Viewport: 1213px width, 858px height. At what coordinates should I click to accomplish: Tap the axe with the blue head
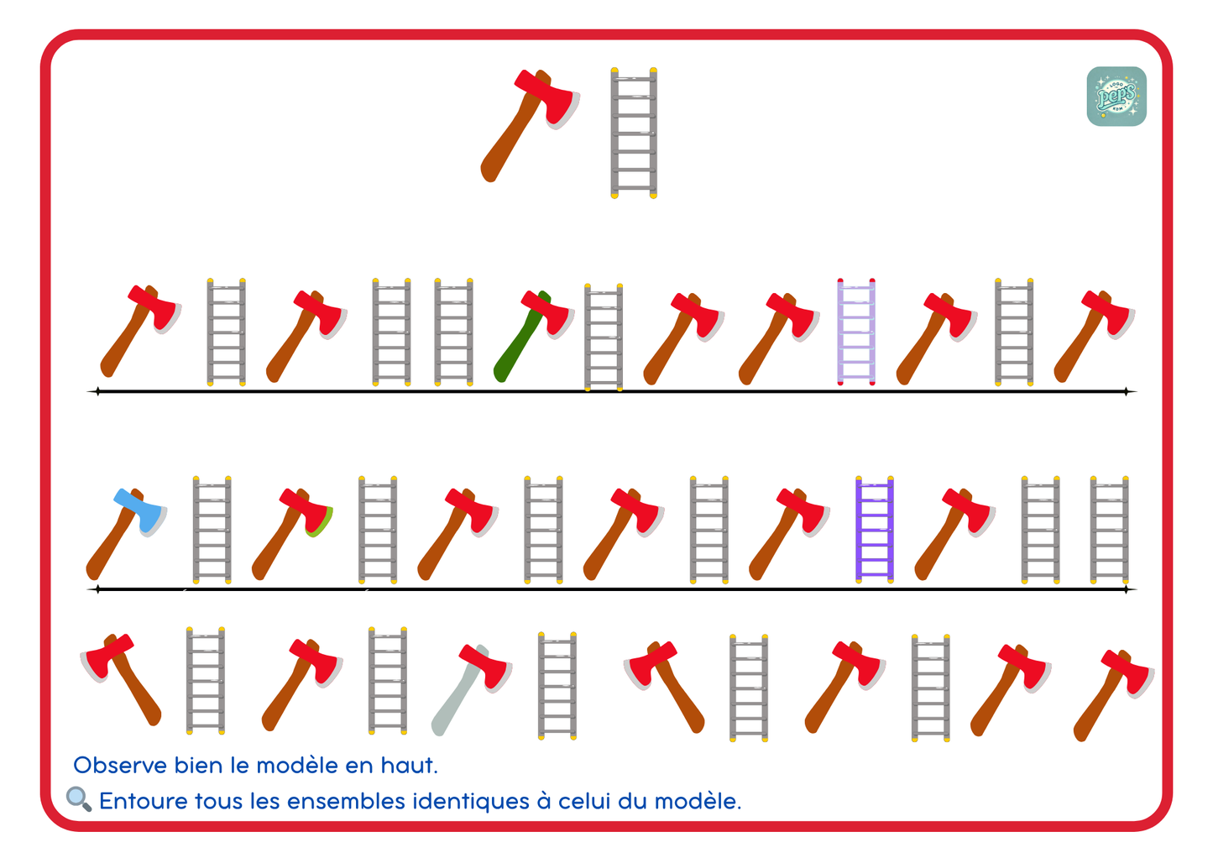click(126, 533)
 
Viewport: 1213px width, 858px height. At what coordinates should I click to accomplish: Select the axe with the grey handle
click(470, 688)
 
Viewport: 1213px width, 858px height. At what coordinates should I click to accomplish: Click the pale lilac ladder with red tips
click(855, 332)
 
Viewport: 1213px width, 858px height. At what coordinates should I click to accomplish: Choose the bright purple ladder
click(874, 529)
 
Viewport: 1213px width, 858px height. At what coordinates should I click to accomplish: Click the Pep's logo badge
click(1116, 97)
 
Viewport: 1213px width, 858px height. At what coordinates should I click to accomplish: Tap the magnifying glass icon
click(78, 798)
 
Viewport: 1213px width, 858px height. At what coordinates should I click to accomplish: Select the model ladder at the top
click(633, 133)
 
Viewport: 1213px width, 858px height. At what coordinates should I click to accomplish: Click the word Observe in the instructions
click(119, 766)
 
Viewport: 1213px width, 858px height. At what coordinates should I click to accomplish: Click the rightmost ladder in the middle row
click(1108, 529)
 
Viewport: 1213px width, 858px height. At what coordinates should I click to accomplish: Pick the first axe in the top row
click(138, 331)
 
